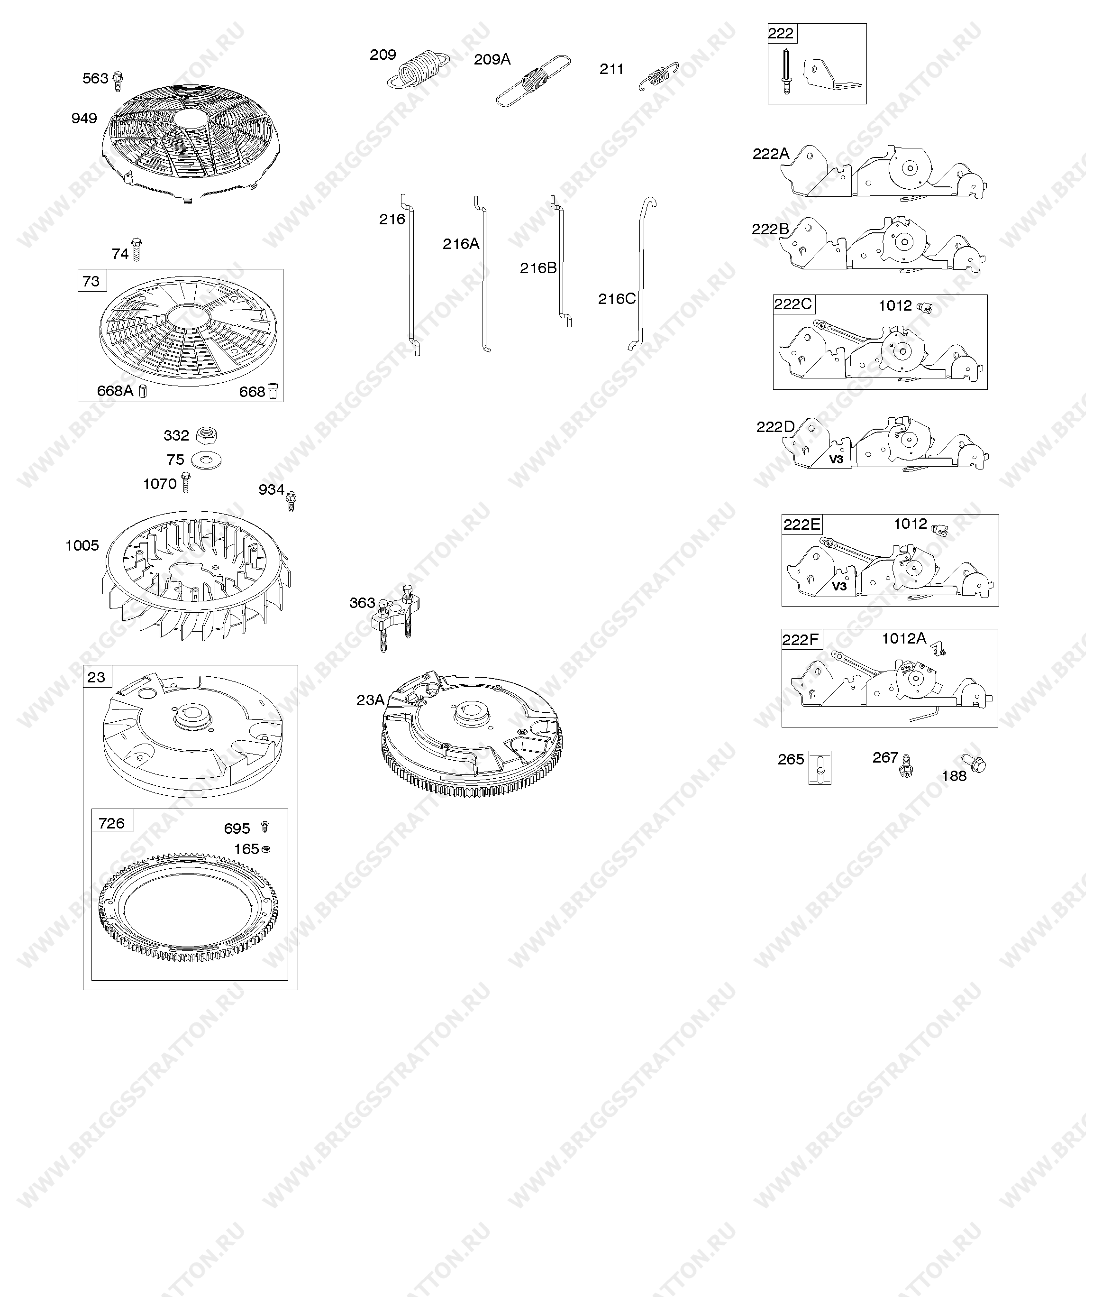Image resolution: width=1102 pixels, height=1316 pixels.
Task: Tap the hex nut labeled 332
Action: point(206,434)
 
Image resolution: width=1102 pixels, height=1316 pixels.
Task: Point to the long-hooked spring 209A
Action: point(533,80)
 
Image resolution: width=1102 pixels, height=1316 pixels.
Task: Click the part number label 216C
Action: point(617,299)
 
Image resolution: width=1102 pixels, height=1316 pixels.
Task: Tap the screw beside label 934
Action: point(291,501)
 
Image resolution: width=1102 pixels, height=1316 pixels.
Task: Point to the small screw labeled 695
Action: point(264,827)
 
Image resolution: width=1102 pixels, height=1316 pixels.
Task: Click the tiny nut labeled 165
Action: point(265,849)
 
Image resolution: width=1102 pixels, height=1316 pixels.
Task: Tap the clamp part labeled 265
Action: point(820,767)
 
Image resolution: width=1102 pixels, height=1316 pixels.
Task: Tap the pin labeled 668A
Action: point(143,391)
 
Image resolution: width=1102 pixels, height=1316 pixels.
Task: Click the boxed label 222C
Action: point(792,304)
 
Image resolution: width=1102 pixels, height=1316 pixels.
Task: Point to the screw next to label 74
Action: point(136,249)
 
